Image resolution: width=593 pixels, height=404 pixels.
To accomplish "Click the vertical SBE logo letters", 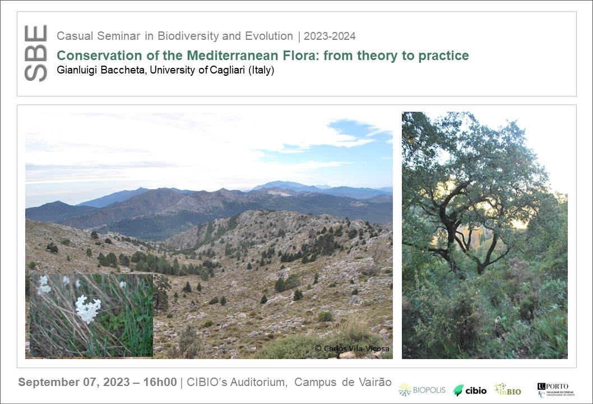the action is [35, 53].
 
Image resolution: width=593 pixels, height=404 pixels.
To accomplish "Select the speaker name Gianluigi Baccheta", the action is [100, 70].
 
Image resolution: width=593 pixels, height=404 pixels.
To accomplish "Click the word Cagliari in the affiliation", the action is [228, 70].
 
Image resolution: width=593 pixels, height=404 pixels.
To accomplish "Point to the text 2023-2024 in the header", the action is [330, 36].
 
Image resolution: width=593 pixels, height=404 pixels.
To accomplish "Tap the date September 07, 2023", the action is [74, 382].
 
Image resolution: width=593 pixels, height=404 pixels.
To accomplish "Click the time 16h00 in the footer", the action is [160, 382].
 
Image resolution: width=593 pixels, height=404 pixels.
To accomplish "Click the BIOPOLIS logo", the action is [422, 390].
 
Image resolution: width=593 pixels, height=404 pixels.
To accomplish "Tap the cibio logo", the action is [470, 391].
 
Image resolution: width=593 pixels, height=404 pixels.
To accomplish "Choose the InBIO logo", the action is [508, 389].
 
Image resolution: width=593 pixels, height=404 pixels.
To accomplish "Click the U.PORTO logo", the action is [555, 390].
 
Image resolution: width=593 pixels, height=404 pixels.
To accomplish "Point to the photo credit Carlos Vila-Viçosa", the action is [352, 348].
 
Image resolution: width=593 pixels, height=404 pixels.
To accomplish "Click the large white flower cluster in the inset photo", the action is [88, 309].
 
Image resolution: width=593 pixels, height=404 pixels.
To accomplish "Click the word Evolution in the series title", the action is [269, 36].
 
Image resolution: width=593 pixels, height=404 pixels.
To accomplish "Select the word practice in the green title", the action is [443, 56].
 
